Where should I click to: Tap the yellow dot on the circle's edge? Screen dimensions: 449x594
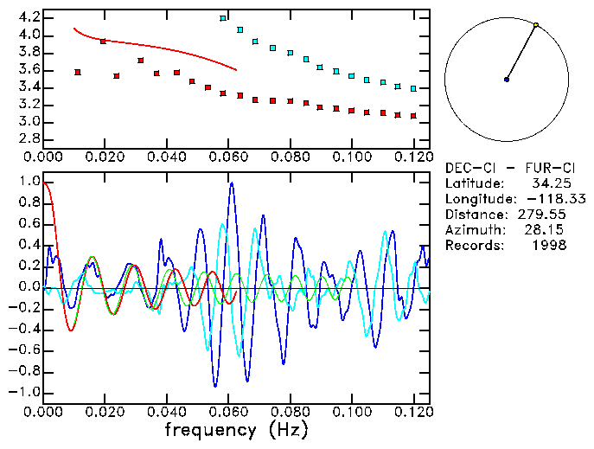click(x=536, y=25)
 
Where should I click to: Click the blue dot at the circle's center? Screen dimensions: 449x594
click(x=507, y=80)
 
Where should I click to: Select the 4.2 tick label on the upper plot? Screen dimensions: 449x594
click(x=29, y=17)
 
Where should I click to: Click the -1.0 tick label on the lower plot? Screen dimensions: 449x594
click(x=25, y=392)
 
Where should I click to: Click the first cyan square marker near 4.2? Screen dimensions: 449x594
click(x=223, y=18)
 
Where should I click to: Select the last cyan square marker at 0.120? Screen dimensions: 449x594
click(x=413, y=88)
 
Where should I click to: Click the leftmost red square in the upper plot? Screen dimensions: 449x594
click(x=78, y=73)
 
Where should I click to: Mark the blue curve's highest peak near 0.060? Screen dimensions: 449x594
click(x=232, y=183)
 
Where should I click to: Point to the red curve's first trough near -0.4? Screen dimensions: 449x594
click(x=71, y=330)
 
